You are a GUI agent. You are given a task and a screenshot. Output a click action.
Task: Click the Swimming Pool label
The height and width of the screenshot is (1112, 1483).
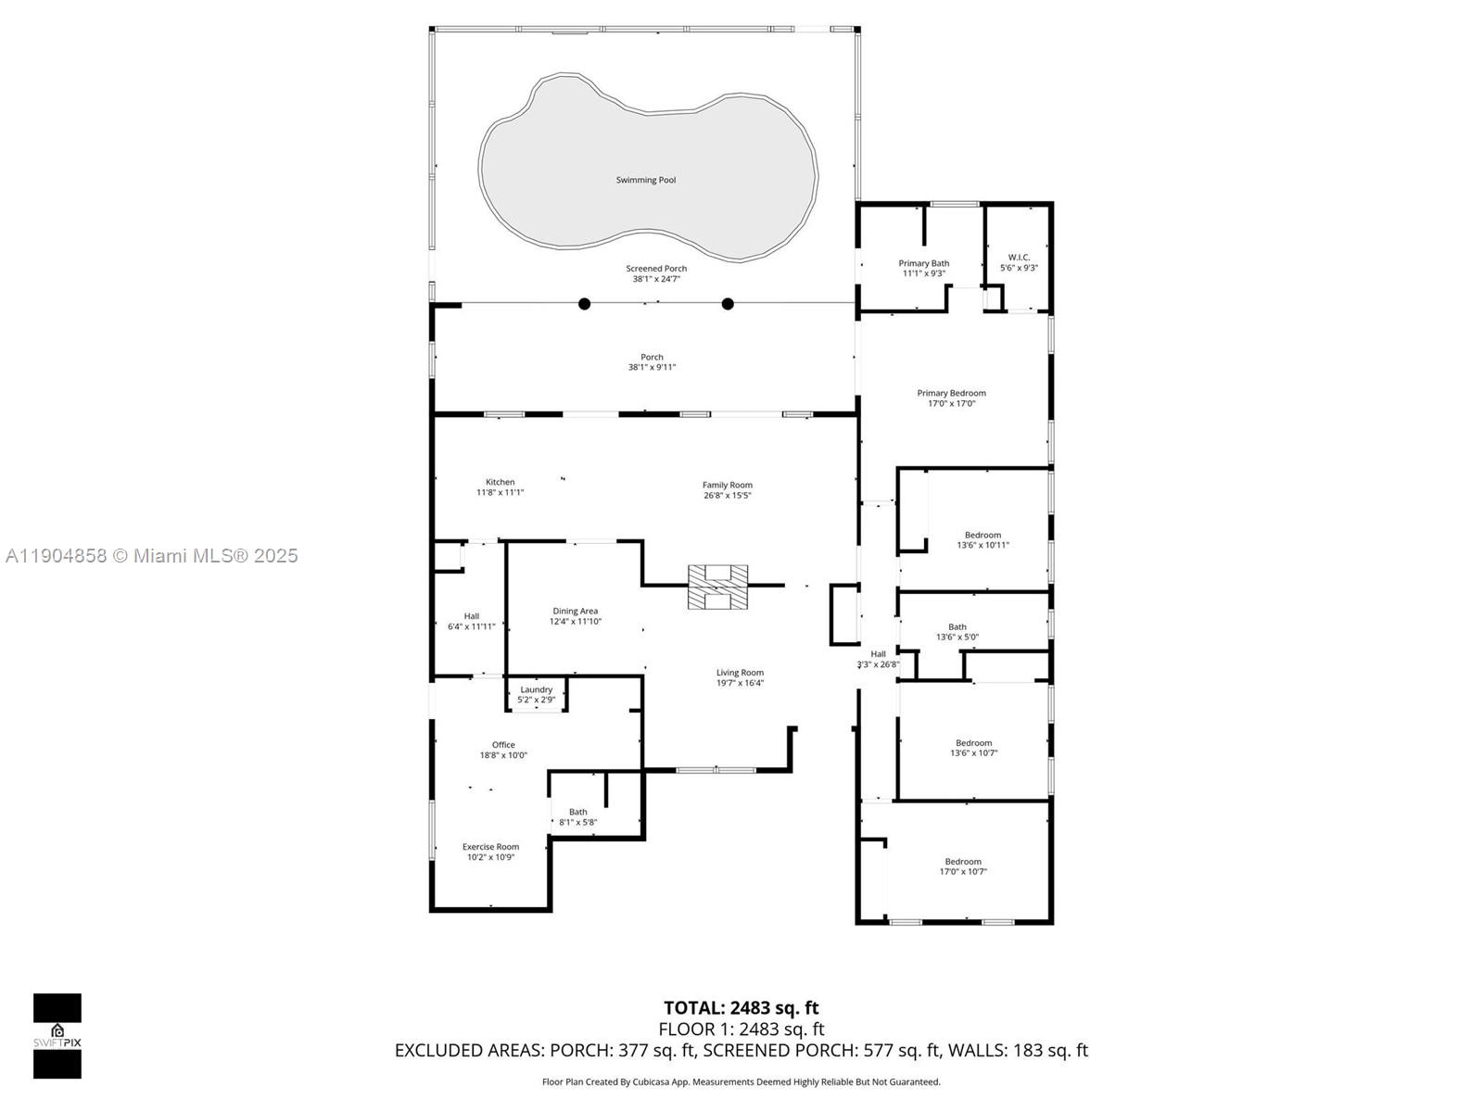click(646, 180)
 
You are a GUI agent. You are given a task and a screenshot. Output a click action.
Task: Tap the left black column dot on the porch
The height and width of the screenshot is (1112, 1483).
click(584, 303)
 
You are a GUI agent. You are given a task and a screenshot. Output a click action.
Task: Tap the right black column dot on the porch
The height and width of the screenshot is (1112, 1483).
click(728, 303)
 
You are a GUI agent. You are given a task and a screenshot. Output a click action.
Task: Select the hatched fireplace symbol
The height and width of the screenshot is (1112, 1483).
click(717, 588)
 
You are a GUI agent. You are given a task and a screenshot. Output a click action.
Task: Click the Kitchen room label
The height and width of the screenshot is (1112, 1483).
click(500, 482)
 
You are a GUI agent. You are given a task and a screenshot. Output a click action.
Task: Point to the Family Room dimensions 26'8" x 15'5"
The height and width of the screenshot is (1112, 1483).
click(727, 496)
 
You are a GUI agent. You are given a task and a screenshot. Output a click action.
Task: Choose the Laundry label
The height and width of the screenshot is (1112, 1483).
click(536, 689)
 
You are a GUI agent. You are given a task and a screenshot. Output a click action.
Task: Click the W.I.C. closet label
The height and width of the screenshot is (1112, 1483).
click(1019, 258)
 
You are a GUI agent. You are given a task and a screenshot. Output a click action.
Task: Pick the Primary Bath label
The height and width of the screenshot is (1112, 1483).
click(923, 263)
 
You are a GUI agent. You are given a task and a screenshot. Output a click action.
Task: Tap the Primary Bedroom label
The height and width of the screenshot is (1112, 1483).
click(951, 393)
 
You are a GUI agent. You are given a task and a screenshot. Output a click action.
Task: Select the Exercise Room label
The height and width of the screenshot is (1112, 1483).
click(490, 846)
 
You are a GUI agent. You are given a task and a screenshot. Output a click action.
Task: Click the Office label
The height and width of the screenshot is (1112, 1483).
click(503, 745)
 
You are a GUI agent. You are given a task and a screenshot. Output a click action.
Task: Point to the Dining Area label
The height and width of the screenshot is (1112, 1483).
click(575, 611)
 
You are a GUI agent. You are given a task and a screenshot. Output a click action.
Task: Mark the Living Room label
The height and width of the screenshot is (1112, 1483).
click(740, 673)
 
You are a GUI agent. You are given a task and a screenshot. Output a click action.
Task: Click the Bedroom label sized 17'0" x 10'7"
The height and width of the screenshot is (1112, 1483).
click(963, 862)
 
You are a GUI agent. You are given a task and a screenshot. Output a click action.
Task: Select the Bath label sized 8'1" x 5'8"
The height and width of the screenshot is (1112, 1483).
click(577, 812)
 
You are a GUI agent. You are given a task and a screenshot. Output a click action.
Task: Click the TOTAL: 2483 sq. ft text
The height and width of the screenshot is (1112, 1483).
click(741, 1007)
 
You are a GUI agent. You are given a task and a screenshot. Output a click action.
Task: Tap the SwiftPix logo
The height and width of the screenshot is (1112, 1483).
click(57, 1035)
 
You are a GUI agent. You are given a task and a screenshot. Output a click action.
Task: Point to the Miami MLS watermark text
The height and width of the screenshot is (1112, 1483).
click(151, 556)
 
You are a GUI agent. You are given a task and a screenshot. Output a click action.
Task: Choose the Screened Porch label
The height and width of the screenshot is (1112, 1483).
click(656, 269)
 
